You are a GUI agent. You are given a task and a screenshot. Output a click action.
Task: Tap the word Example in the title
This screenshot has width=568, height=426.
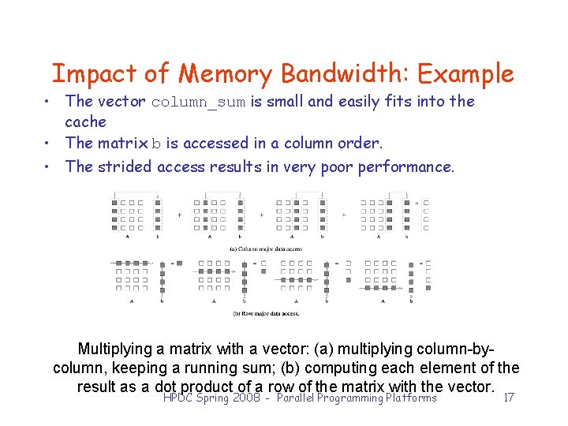pyautogui.click(x=465, y=74)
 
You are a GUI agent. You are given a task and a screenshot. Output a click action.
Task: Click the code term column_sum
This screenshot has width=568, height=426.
pyautogui.click(x=198, y=103)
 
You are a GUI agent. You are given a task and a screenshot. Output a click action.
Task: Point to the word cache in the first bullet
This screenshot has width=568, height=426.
pyautogui.click(x=86, y=121)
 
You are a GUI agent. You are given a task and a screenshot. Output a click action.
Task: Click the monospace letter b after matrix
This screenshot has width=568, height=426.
pyautogui.click(x=156, y=144)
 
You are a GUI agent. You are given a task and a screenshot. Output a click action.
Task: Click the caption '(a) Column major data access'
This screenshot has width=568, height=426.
pyautogui.click(x=266, y=249)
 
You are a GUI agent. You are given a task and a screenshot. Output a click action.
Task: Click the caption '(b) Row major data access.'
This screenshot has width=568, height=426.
pyautogui.click(x=265, y=313)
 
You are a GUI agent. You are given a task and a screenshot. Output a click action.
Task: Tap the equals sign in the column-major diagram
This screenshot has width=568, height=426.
pyautogui.click(x=416, y=204)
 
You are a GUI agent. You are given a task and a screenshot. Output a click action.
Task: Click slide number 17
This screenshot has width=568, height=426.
pyautogui.click(x=509, y=398)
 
